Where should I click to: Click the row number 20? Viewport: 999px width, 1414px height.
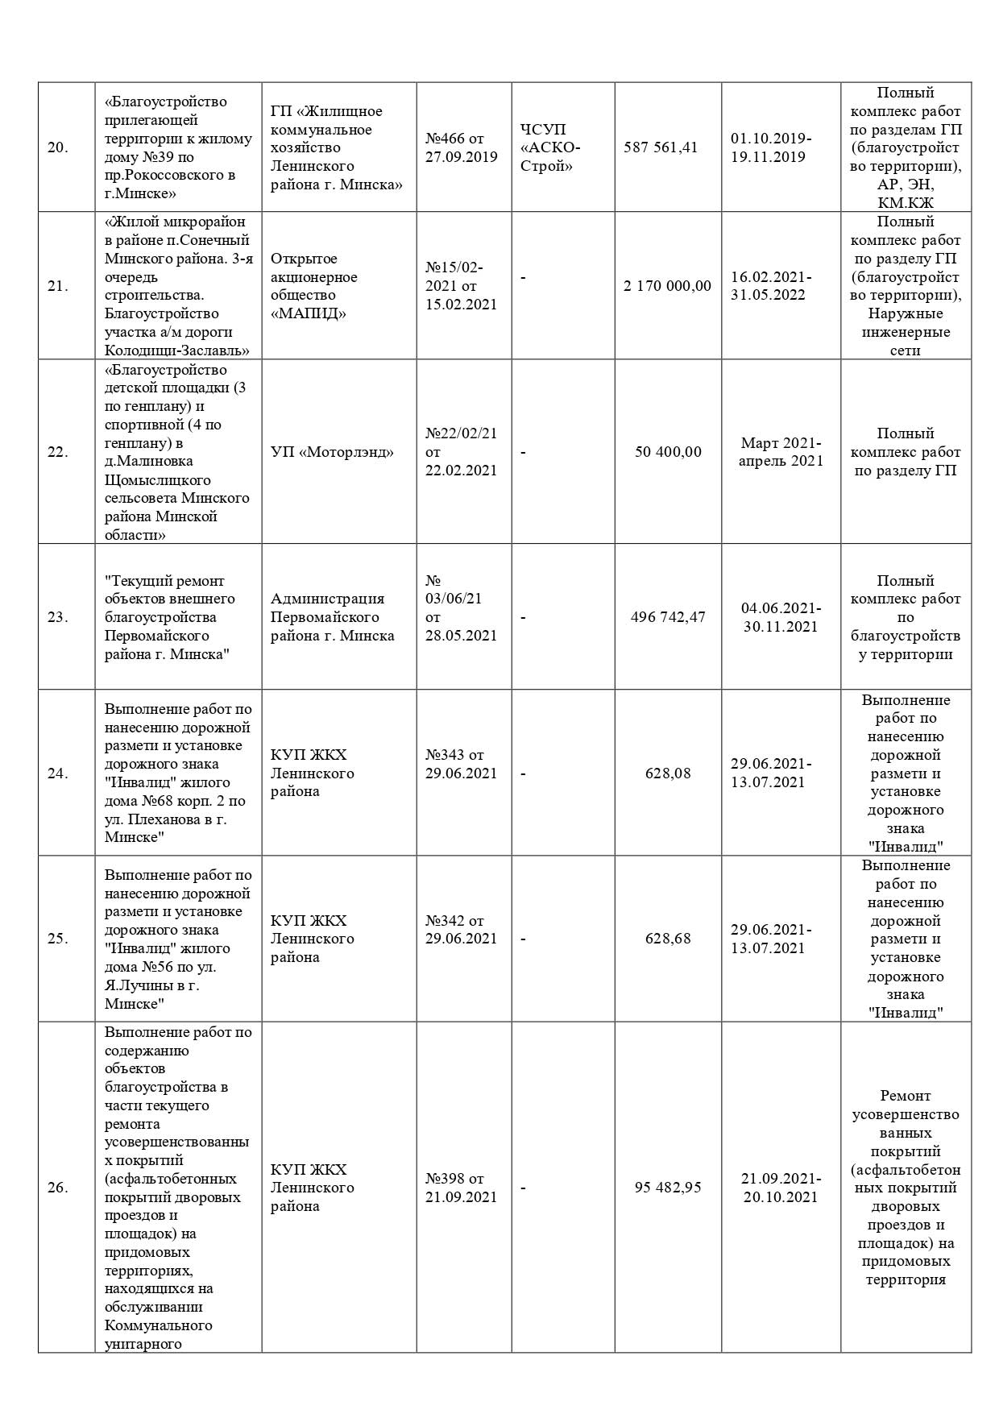click(57, 147)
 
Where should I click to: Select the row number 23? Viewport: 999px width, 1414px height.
click(57, 617)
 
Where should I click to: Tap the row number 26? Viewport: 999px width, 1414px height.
click(57, 1188)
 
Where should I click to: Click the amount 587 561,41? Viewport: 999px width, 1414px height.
click(660, 147)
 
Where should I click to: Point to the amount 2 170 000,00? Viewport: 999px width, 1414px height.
click(667, 286)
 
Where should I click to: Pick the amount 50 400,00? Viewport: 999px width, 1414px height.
click(668, 452)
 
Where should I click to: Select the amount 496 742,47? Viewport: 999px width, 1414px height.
click(668, 617)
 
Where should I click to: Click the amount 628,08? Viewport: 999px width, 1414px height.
click(668, 773)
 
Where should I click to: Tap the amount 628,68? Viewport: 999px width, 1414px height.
click(668, 939)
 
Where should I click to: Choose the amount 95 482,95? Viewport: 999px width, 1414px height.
click(668, 1188)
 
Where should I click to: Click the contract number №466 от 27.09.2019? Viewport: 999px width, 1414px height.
click(462, 147)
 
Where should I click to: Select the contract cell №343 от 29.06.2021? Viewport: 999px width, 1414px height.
click(462, 764)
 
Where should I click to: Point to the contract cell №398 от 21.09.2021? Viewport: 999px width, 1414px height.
click(462, 1188)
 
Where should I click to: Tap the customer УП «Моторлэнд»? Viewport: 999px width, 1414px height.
click(332, 452)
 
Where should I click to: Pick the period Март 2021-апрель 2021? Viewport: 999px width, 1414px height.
click(781, 452)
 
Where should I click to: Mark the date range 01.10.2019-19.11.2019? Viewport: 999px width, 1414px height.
click(771, 147)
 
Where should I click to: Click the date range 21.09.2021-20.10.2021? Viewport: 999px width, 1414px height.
click(781, 1188)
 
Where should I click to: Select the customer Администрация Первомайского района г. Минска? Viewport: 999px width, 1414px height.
click(332, 617)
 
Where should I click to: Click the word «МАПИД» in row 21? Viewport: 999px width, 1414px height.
click(309, 313)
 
